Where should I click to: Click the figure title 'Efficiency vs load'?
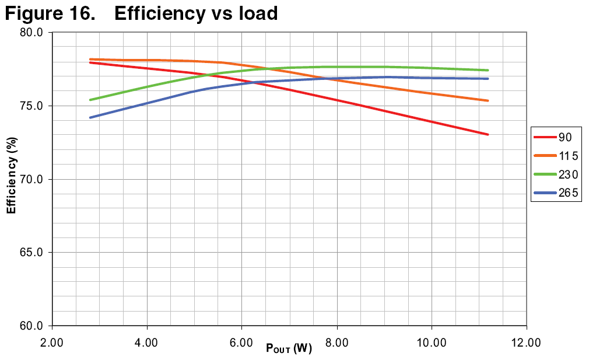[x=196, y=13]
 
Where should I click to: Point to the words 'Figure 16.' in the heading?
[x=50, y=13]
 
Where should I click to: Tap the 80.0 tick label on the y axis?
[x=33, y=32]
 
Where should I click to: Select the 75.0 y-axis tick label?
[x=33, y=106]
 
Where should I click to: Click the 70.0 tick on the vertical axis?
[x=33, y=179]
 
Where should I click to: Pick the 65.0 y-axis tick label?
[x=33, y=253]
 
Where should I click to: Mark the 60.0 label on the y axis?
[x=33, y=326]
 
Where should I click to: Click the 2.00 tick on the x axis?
[x=52, y=342]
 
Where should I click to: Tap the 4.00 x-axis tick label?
[x=147, y=342]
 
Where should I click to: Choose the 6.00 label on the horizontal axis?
[x=241, y=342]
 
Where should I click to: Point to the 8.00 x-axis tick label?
[x=336, y=342]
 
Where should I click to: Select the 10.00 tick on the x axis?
[x=432, y=342]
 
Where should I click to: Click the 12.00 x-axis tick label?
[x=526, y=342]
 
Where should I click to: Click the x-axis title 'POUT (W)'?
[x=289, y=349]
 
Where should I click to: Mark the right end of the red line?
[x=488, y=134]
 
